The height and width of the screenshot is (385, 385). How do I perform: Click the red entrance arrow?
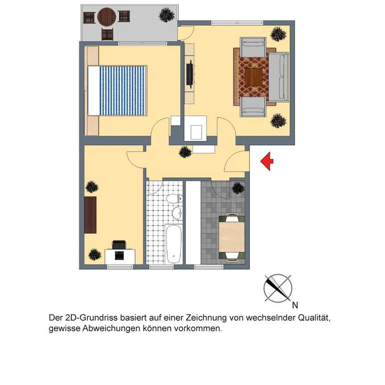pos(266,161)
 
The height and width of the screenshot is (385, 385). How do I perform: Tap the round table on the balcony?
pos(107,17)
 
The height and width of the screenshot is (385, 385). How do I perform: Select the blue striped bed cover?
pos(123,90)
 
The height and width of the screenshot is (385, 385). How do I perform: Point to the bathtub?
pos(174,244)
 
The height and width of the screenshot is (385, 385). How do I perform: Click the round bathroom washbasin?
pos(177,213)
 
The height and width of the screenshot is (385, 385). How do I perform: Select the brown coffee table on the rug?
pos(254,77)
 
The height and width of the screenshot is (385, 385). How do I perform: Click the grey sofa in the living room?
pos(278,77)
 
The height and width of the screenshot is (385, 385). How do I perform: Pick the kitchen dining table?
pos(231,237)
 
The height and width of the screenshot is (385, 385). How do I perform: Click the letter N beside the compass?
pos(295,305)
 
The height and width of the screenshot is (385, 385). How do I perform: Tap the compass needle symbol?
pos(278,288)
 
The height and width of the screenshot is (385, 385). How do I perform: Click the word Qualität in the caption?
pos(314,318)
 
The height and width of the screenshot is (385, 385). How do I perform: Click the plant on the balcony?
pos(167,15)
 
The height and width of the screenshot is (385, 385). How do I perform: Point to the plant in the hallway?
pos(185,152)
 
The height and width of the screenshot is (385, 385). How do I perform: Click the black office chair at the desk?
pos(119,245)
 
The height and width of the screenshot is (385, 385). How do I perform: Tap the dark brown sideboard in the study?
pos(90,215)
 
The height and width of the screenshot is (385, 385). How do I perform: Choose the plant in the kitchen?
pos(238,188)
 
